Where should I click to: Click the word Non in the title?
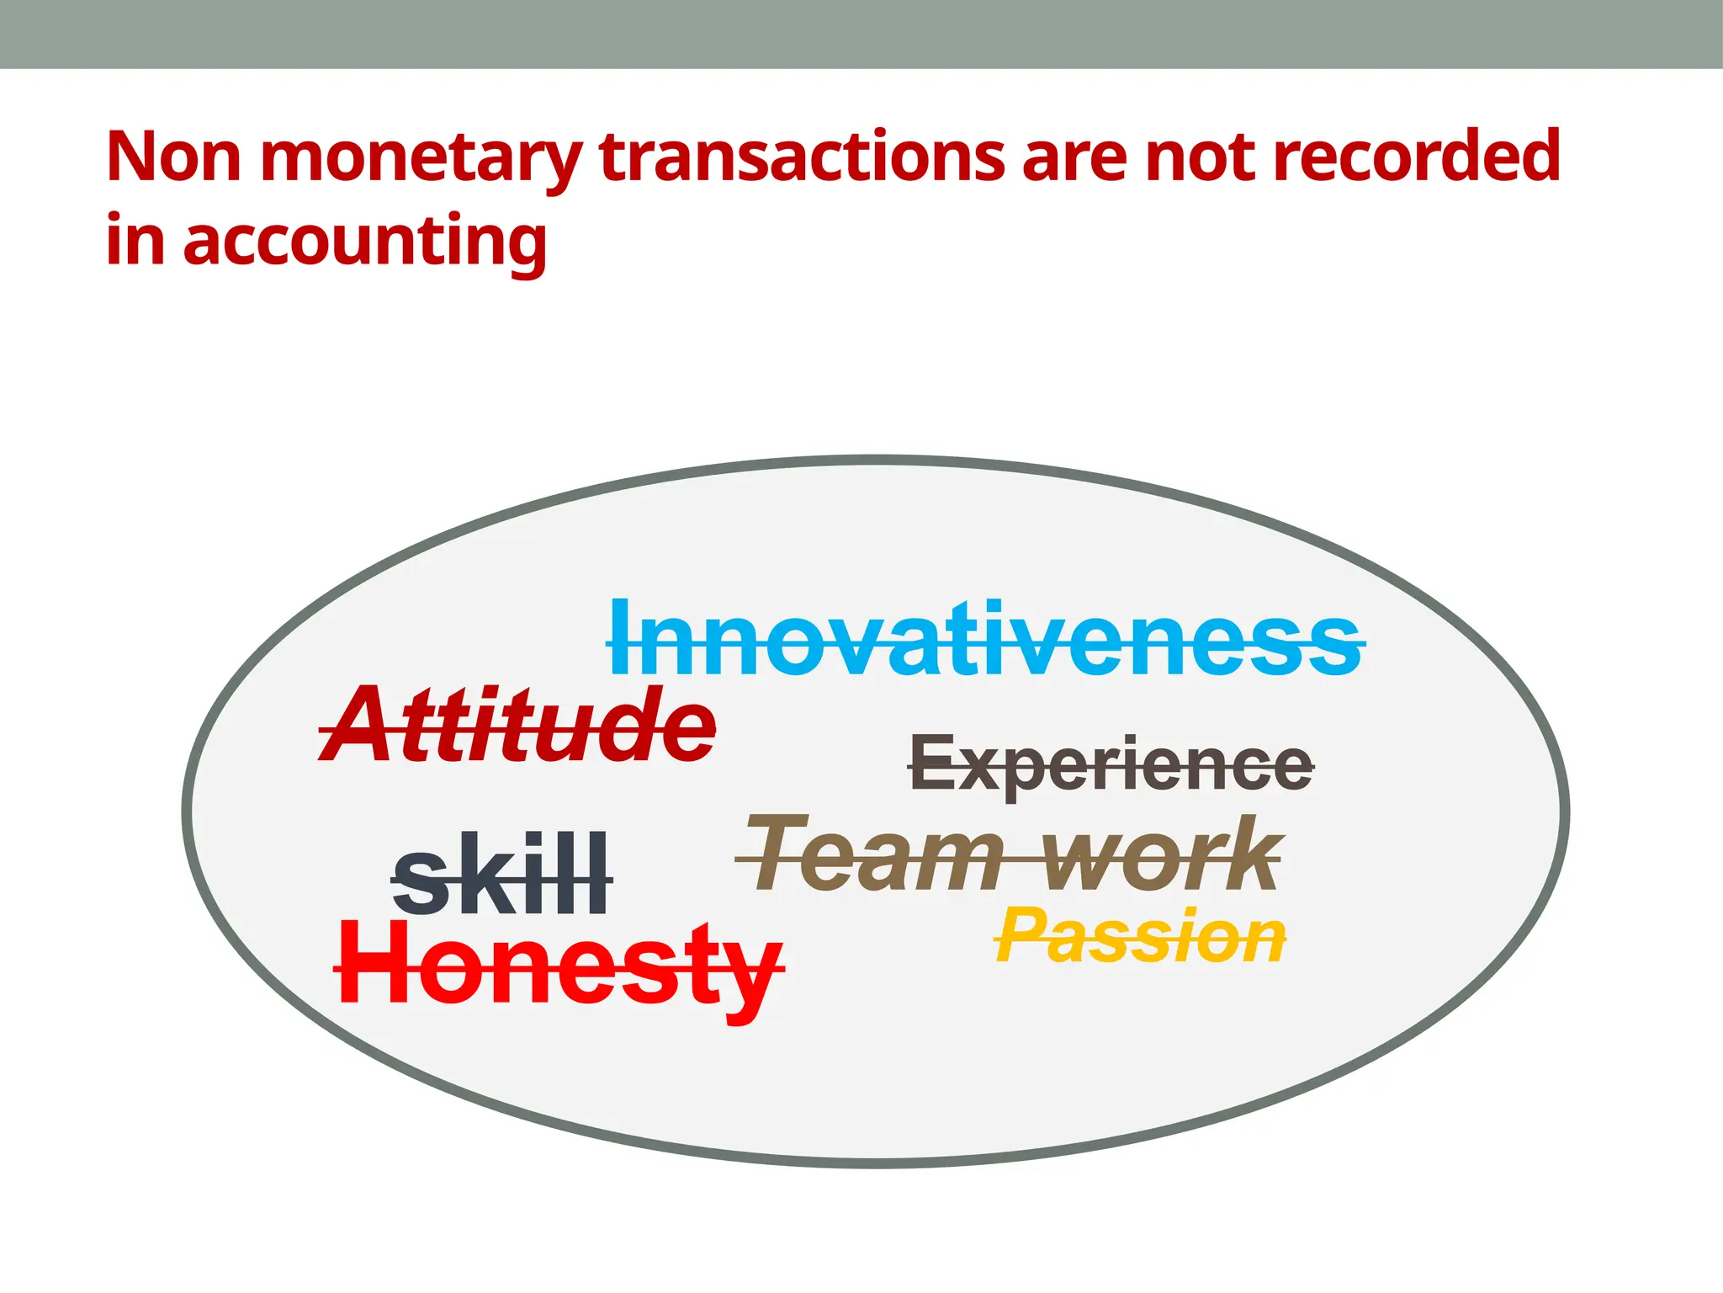point(173,157)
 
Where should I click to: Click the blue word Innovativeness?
point(985,640)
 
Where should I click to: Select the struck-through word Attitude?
point(518,726)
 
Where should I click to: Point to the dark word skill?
point(501,875)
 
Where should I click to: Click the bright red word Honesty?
point(559,966)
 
